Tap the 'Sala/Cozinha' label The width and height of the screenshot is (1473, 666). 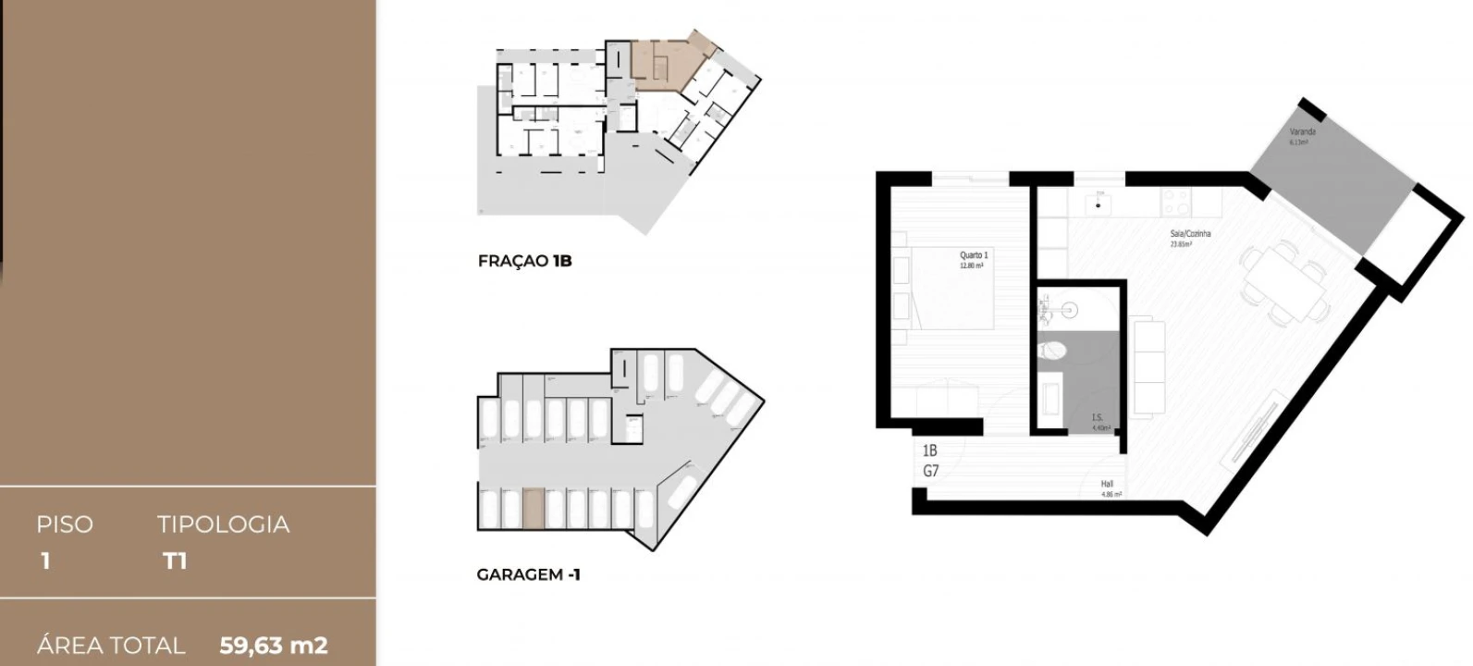click(x=1190, y=234)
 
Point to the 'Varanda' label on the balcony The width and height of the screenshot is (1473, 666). click(x=1302, y=132)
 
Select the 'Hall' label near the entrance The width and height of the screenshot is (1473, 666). click(x=1107, y=484)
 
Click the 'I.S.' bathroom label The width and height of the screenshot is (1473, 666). click(x=1098, y=418)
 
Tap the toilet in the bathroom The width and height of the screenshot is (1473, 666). click(x=1052, y=350)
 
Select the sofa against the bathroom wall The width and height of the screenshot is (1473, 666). click(x=1148, y=365)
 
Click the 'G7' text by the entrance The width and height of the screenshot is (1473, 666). click(x=930, y=471)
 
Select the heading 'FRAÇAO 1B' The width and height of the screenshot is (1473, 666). click(x=524, y=261)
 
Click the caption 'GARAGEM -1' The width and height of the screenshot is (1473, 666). click(x=528, y=574)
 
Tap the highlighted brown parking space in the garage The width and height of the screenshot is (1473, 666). click(x=534, y=509)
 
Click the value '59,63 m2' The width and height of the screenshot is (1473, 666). click(x=274, y=645)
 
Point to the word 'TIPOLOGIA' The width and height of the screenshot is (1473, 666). click(x=223, y=524)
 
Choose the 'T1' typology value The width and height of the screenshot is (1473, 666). click(x=175, y=561)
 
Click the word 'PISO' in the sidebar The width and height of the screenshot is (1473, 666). click(x=65, y=524)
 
